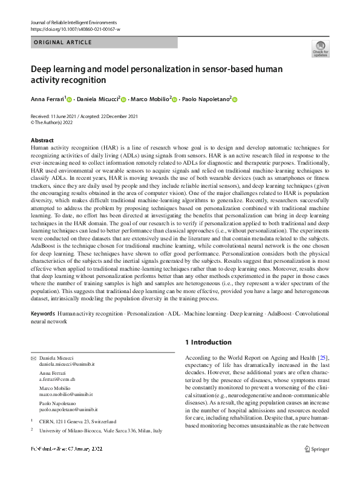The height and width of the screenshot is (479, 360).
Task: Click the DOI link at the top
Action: point(75,29)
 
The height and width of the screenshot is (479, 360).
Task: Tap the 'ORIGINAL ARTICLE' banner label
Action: point(63,42)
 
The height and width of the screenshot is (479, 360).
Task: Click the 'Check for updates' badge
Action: point(320,49)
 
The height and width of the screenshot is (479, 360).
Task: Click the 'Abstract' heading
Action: point(42,140)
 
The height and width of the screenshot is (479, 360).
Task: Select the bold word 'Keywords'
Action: point(42,314)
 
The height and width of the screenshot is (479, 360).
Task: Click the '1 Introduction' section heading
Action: point(208,342)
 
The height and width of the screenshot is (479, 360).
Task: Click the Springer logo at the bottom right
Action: point(317,466)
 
